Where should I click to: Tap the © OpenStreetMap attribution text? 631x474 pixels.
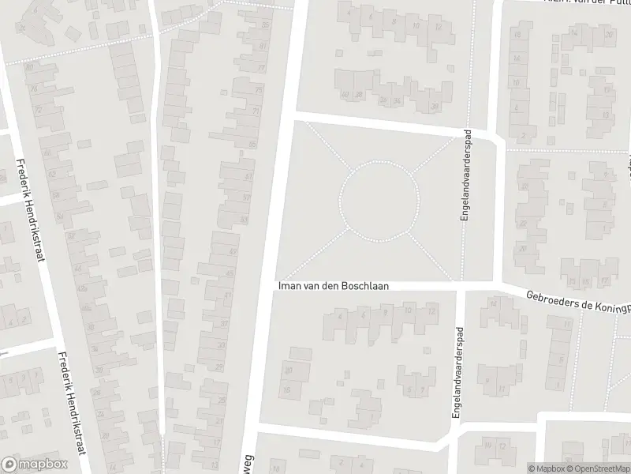click(x=596, y=468)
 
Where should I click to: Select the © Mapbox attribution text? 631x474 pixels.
click(x=546, y=468)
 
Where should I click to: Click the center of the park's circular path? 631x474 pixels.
click(x=379, y=199)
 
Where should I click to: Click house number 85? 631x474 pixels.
click(x=264, y=25)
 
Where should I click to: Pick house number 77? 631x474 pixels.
click(x=262, y=68)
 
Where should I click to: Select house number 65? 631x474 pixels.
click(x=252, y=144)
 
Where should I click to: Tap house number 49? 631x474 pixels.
click(x=232, y=251)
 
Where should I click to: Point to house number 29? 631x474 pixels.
click(x=218, y=367)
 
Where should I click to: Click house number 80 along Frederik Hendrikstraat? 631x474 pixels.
click(x=29, y=67)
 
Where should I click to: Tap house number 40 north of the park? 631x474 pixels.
click(x=345, y=96)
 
